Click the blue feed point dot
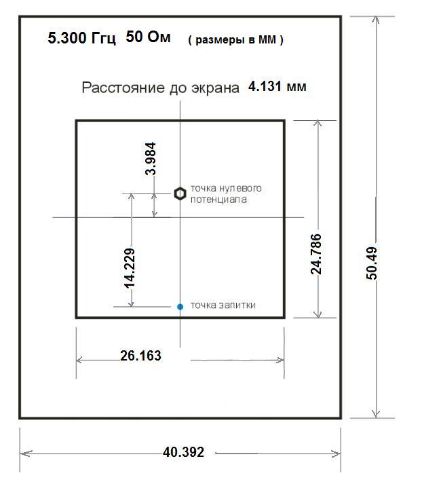(x=180, y=306)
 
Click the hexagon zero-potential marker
(x=180, y=193)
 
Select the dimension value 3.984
(x=151, y=159)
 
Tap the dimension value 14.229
(x=129, y=268)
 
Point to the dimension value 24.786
(x=315, y=254)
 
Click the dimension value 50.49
(x=372, y=263)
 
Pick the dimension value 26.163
(x=140, y=356)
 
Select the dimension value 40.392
(x=183, y=452)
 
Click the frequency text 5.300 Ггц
(x=82, y=38)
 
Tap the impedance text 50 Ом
(x=148, y=37)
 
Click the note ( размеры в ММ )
(x=235, y=40)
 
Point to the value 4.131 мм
(x=277, y=86)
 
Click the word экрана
(x=215, y=88)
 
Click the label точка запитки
(x=223, y=306)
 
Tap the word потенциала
(x=218, y=200)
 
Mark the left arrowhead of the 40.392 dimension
(x=22, y=454)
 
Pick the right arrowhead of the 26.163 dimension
(x=282, y=360)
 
